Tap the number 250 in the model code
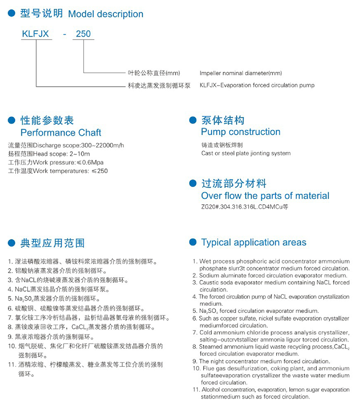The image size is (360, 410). point(83,34)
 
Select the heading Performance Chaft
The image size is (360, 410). point(61,133)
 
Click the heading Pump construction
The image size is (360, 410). point(240,132)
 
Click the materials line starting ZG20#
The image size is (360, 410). point(244,207)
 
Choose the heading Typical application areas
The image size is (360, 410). point(254,243)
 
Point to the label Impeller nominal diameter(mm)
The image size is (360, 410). point(240,73)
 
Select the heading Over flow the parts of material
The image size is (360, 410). point(265,196)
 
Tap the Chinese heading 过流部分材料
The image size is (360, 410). point(234,184)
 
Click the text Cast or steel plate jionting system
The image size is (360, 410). point(246,153)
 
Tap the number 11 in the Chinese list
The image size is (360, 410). point(11,365)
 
